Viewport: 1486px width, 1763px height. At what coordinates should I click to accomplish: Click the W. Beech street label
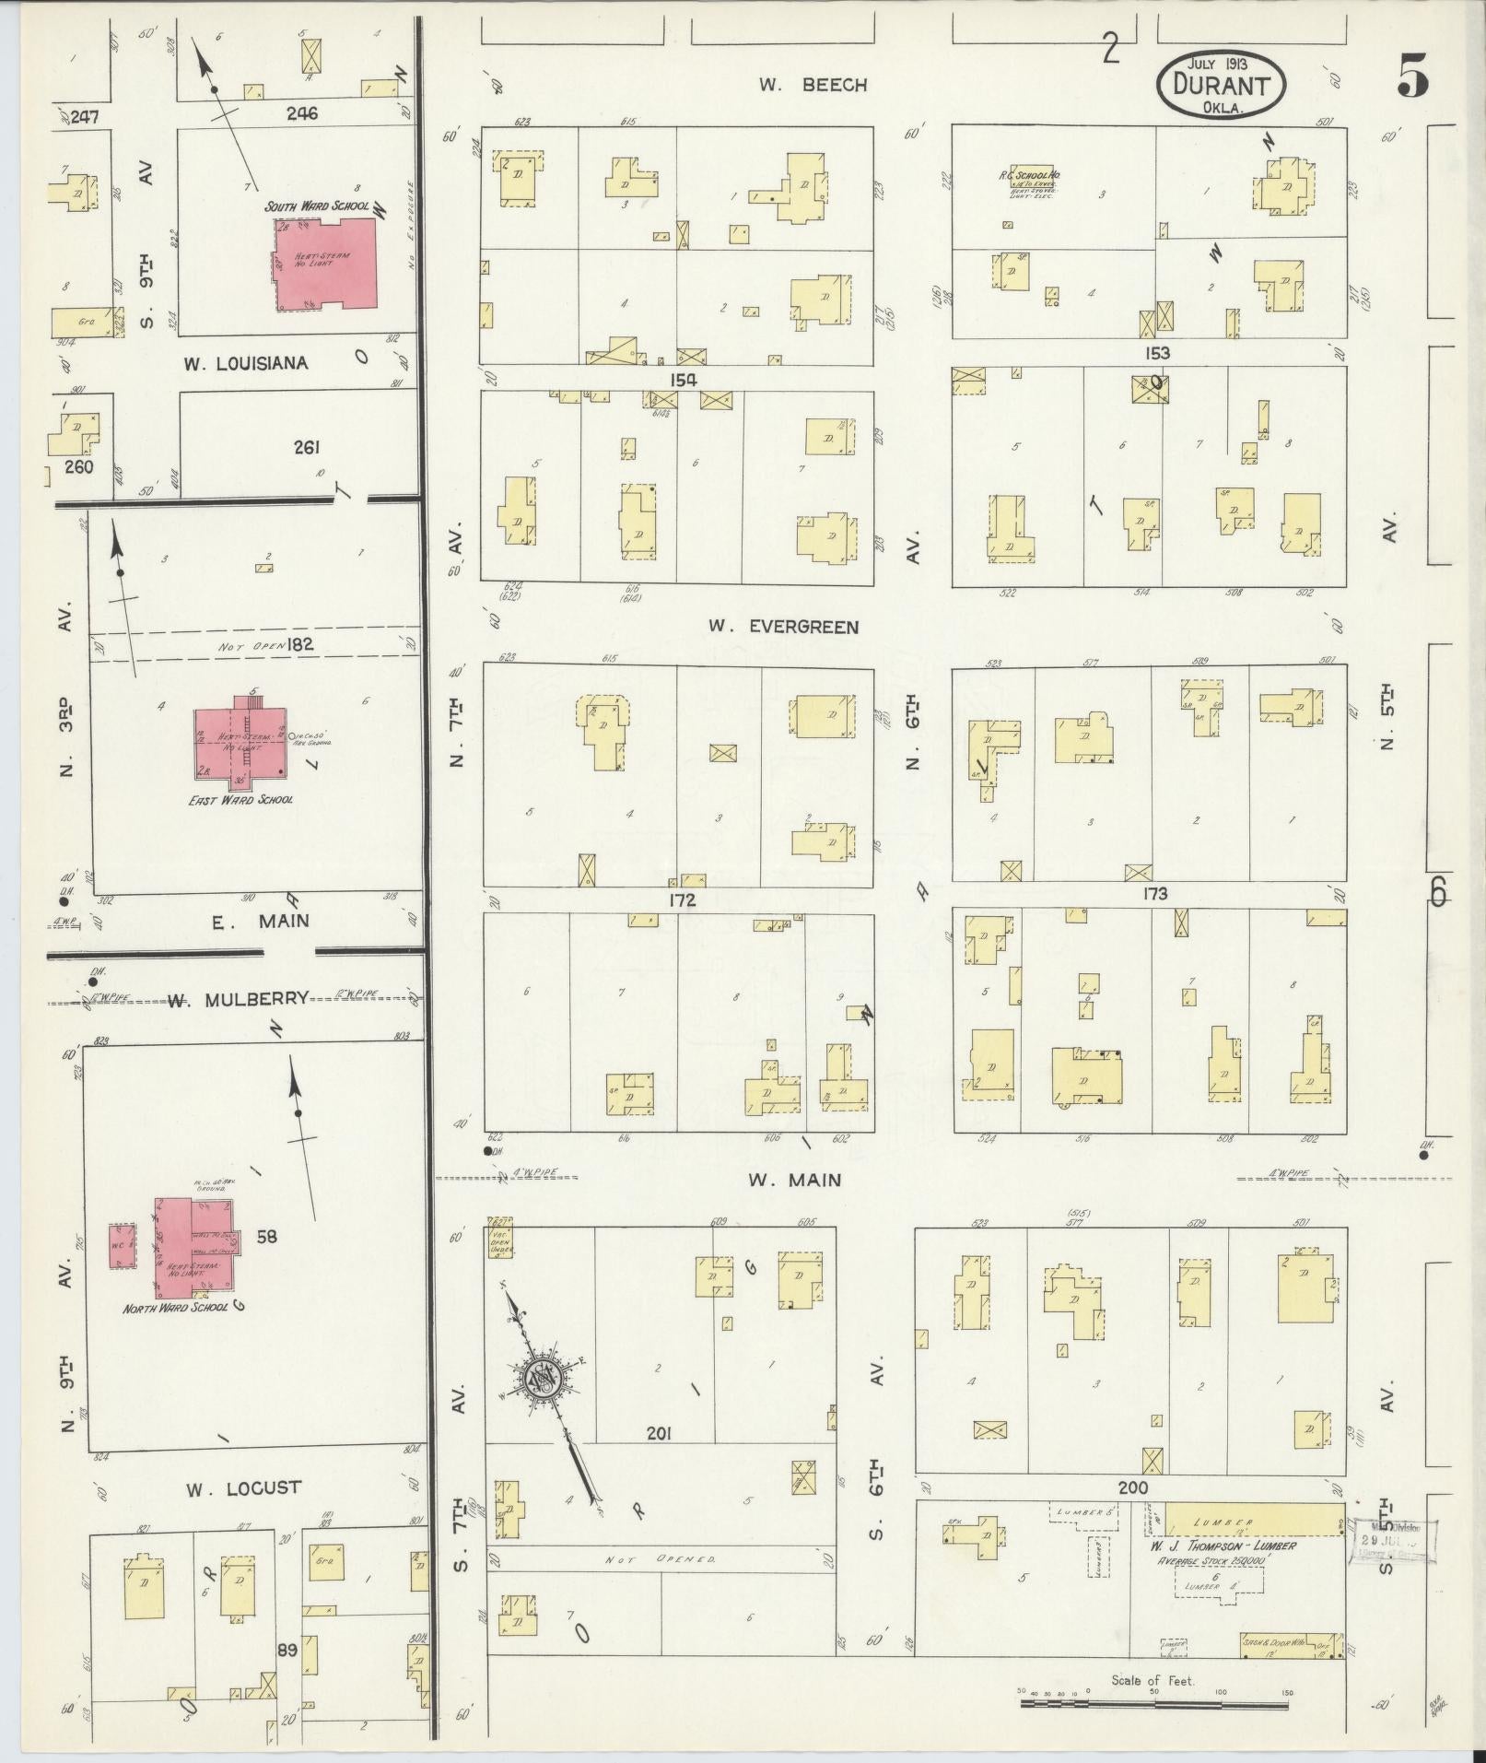point(813,85)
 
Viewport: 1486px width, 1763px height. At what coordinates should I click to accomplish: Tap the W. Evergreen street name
point(783,627)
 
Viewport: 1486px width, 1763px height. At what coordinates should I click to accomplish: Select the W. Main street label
point(795,1179)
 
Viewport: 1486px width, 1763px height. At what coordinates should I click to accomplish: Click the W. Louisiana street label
point(244,363)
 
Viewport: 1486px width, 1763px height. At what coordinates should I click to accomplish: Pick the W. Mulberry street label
point(237,999)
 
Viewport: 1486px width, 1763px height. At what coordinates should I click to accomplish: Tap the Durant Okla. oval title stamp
point(1221,83)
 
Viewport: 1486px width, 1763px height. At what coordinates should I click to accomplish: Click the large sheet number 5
point(1412,76)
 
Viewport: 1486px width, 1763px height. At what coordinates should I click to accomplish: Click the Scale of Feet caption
point(1153,1679)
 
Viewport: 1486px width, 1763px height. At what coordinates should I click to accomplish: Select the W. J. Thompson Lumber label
point(1222,1546)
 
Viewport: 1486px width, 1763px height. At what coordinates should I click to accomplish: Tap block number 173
point(1154,893)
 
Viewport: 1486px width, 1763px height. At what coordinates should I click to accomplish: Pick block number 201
point(659,1458)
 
